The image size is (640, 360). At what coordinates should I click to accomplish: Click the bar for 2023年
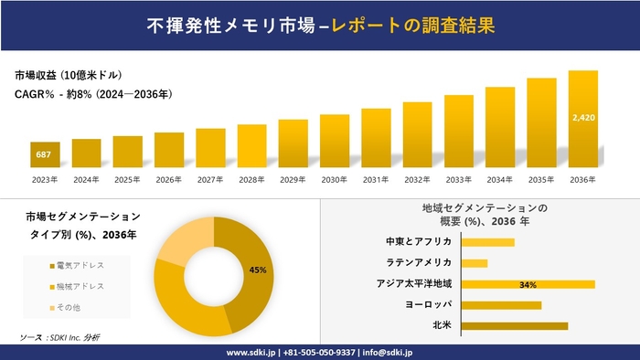click(45, 155)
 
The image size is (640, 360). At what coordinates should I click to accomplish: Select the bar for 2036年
click(582, 120)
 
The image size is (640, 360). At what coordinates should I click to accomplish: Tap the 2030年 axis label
click(335, 179)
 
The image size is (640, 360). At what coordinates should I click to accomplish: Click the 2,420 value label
click(582, 118)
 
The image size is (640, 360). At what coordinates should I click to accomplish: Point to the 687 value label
click(44, 155)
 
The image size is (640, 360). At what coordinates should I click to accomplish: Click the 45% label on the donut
click(257, 270)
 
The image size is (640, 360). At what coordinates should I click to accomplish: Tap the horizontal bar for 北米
click(515, 325)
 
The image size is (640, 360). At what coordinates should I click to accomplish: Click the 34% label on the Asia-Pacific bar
click(527, 284)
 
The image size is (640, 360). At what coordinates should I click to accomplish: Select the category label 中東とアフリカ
click(420, 242)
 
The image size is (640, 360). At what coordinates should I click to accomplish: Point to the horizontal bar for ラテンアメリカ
click(475, 263)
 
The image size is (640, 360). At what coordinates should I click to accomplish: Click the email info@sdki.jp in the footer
click(388, 352)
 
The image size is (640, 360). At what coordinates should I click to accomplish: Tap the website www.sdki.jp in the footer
click(252, 352)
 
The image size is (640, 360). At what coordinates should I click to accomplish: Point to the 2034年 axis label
click(500, 179)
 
